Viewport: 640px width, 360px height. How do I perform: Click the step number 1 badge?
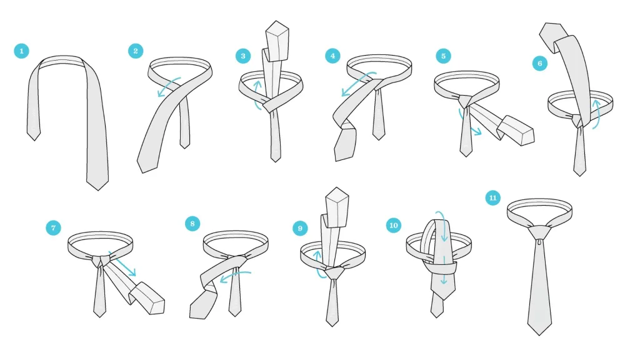22,51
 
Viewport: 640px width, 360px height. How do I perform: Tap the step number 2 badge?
136,51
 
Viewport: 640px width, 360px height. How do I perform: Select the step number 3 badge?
243,56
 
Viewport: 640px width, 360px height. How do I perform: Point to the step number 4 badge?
332,56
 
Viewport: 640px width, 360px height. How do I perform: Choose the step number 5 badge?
443,56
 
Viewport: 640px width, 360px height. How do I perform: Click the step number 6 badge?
540,63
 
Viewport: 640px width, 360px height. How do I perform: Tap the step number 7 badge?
54,227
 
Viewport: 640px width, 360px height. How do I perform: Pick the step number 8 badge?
192,224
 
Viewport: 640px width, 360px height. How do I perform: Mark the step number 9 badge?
300,228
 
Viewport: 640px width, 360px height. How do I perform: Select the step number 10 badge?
394,225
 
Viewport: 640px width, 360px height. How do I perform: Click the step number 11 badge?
492,198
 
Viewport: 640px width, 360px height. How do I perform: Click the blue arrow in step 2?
168,85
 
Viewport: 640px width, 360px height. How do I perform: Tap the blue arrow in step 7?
122,264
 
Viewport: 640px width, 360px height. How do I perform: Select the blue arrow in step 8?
234,275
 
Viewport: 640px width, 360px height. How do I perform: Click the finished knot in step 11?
539,233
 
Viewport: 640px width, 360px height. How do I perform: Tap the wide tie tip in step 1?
97,190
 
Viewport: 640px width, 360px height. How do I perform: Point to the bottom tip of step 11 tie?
539,335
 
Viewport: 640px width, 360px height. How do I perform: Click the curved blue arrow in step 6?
597,115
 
